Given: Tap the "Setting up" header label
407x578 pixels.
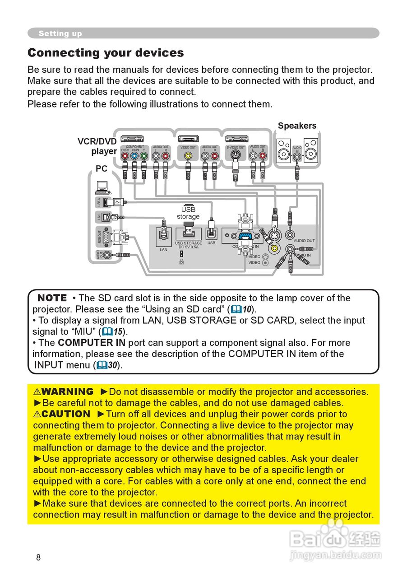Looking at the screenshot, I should pyautogui.click(x=60, y=33).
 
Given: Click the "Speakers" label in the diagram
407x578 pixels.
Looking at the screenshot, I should pyautogui.click(x=297, y=126).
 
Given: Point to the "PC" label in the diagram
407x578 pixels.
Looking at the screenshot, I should pyautogui.click(x=102, y=168).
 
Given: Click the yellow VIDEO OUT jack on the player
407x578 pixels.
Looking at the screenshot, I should pyautogui.click(x=188, y=156).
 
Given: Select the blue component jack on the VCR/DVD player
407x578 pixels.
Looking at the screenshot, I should pyautogui.click(x=134, y=156).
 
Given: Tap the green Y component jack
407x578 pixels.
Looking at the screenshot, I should pyautogui.click(x=144, y=156).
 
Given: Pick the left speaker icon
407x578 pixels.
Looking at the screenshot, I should pyautogui.click(x=284, y=150).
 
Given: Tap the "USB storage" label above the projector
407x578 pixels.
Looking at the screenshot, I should pyautogui.click(x=188, y=213).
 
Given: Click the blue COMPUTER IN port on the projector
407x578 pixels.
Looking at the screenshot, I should pyautogui.click(x=245, y=235).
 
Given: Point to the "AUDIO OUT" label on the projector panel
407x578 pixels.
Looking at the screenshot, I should pyautogui.click(x=304, y=241).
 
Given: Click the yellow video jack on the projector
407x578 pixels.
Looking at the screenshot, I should pyautogui.click(x=273, y=248).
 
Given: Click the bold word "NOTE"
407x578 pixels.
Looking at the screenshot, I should pyautogui.click(x=52, y=298).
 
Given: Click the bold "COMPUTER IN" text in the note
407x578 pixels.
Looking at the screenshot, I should pyautogui.click(x=92, y=343).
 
